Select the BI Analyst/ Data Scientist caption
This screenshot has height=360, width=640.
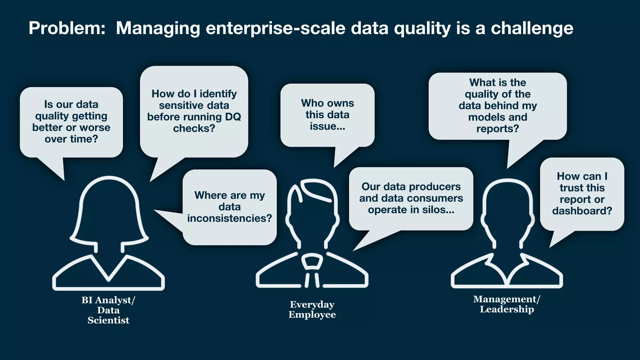[x=108, y=310]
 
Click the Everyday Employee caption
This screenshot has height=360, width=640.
[x=312, y=309]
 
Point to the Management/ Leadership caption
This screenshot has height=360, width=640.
[x=507, y=304]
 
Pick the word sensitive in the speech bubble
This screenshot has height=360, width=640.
[x=177, y=105]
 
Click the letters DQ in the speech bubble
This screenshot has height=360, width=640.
[x=233, y=117]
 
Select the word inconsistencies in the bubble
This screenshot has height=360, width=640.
[x=230, y=218]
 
